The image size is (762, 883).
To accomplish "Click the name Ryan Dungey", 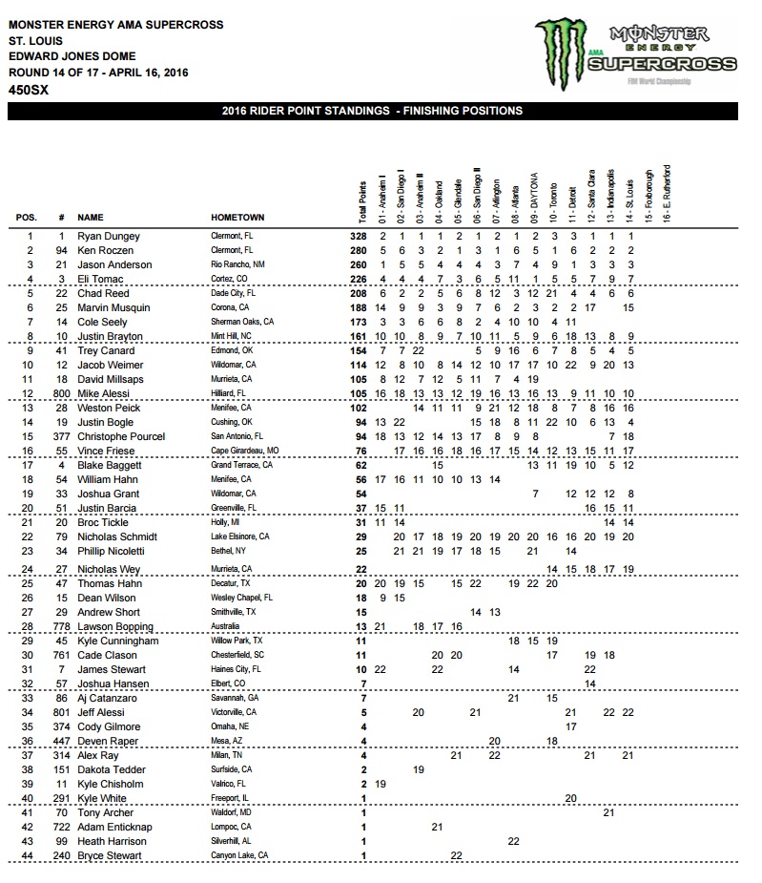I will click(x=108, y=236).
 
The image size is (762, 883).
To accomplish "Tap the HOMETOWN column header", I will click(x=237, y=218).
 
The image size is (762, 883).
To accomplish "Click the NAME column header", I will click(x=91, y=218).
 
